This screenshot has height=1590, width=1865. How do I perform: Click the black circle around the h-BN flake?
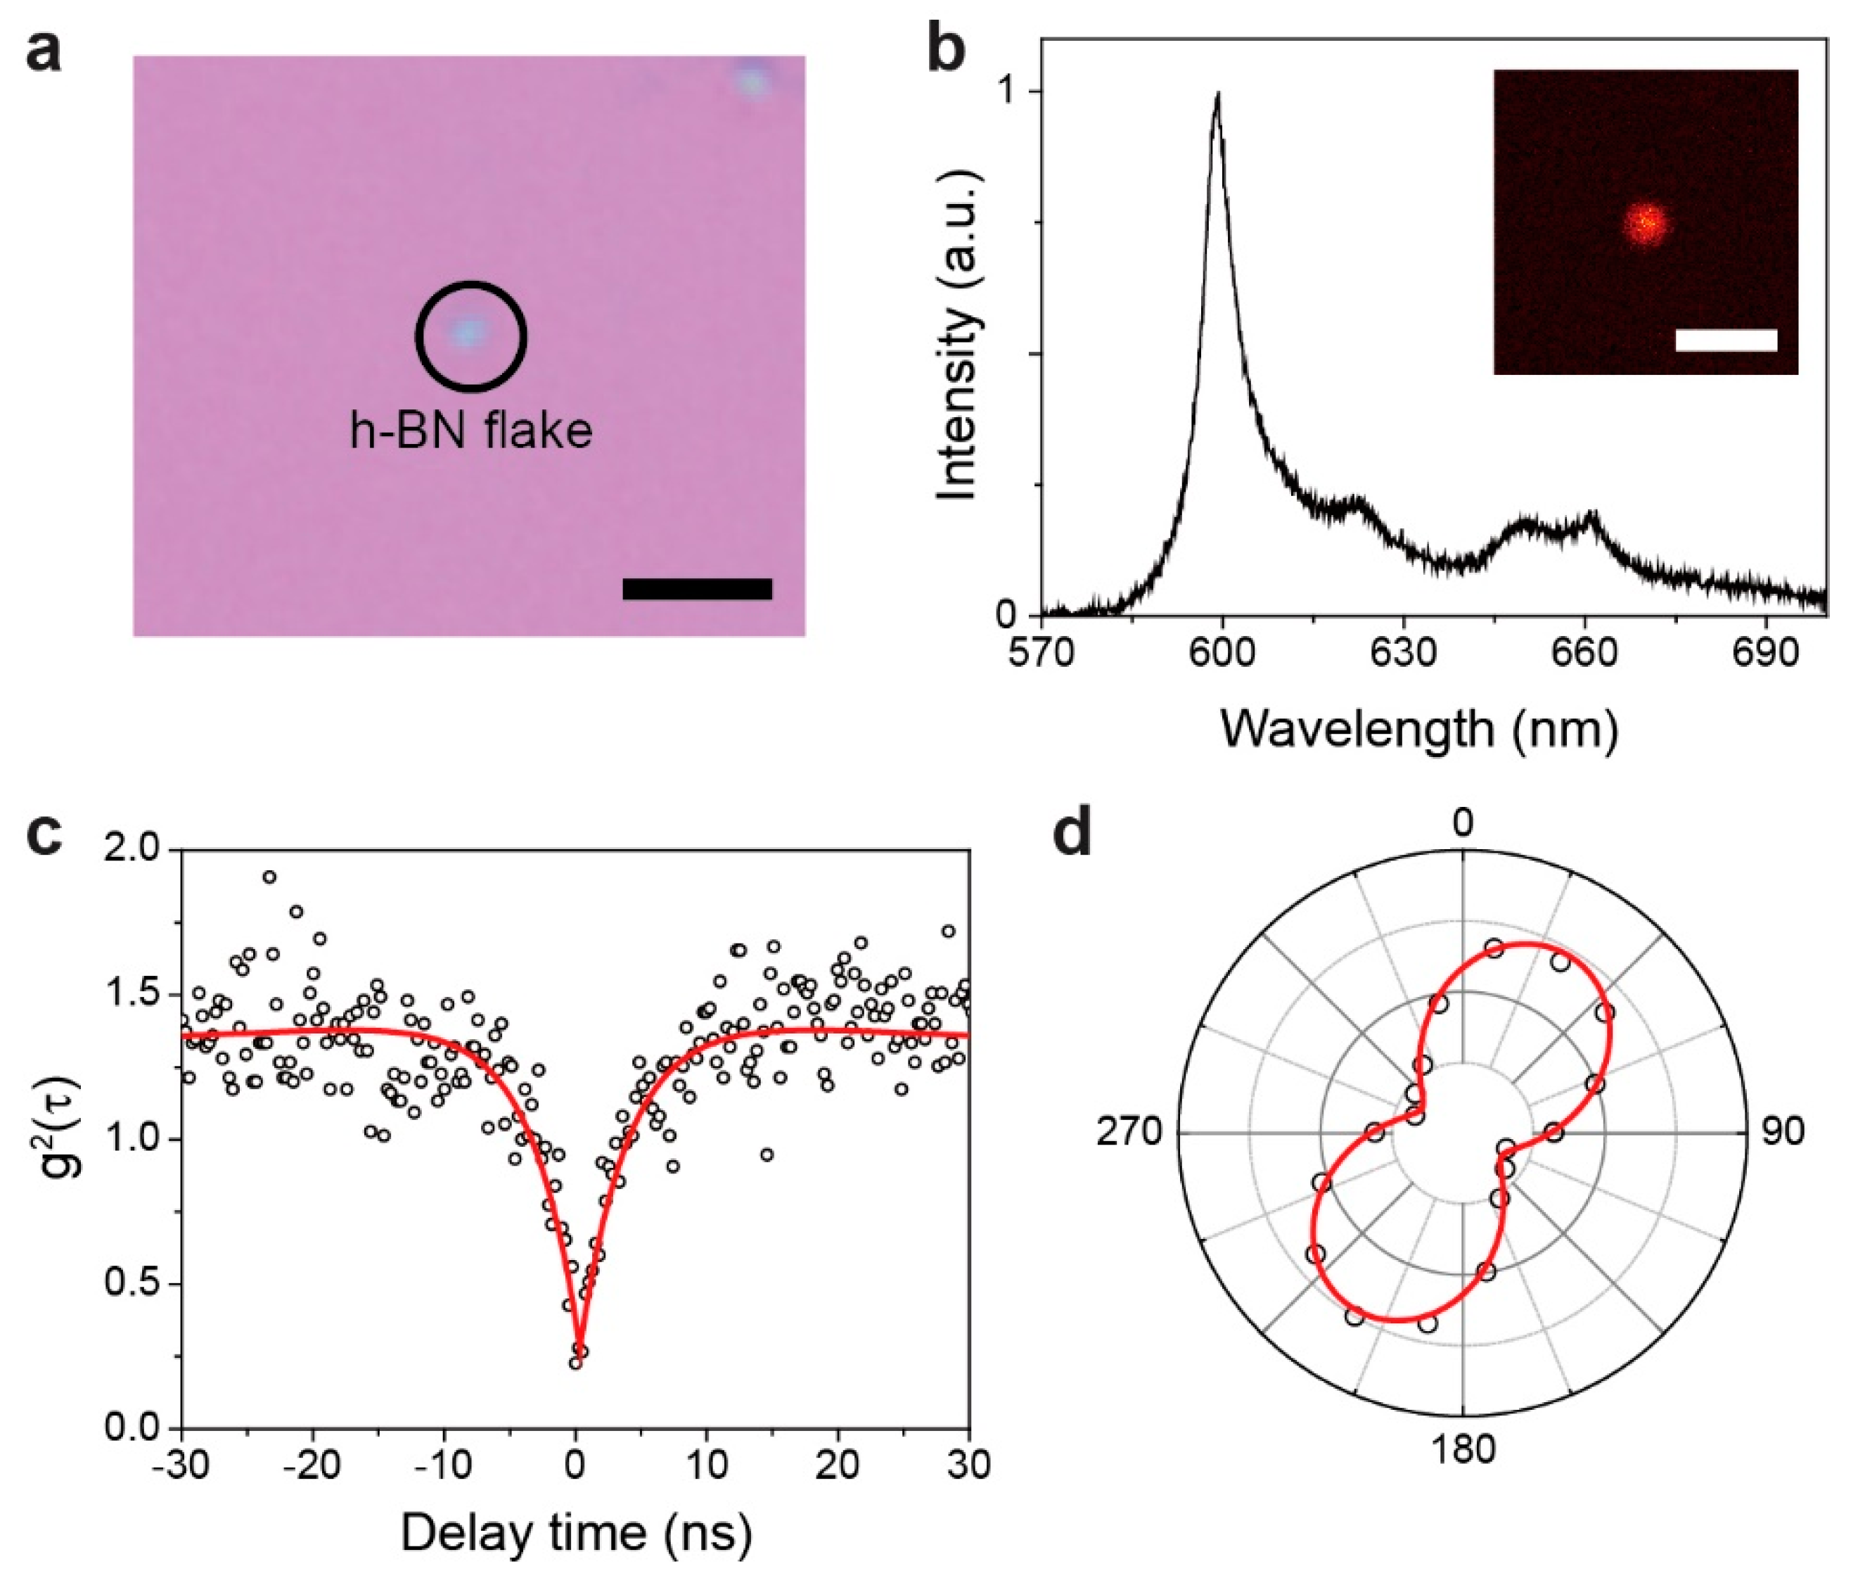click(470, 284)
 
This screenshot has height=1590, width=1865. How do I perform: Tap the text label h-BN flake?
click(470, 432)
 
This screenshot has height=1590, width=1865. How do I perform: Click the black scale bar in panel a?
click(697, 589)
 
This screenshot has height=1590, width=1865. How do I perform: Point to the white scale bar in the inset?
click(1726, 339)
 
